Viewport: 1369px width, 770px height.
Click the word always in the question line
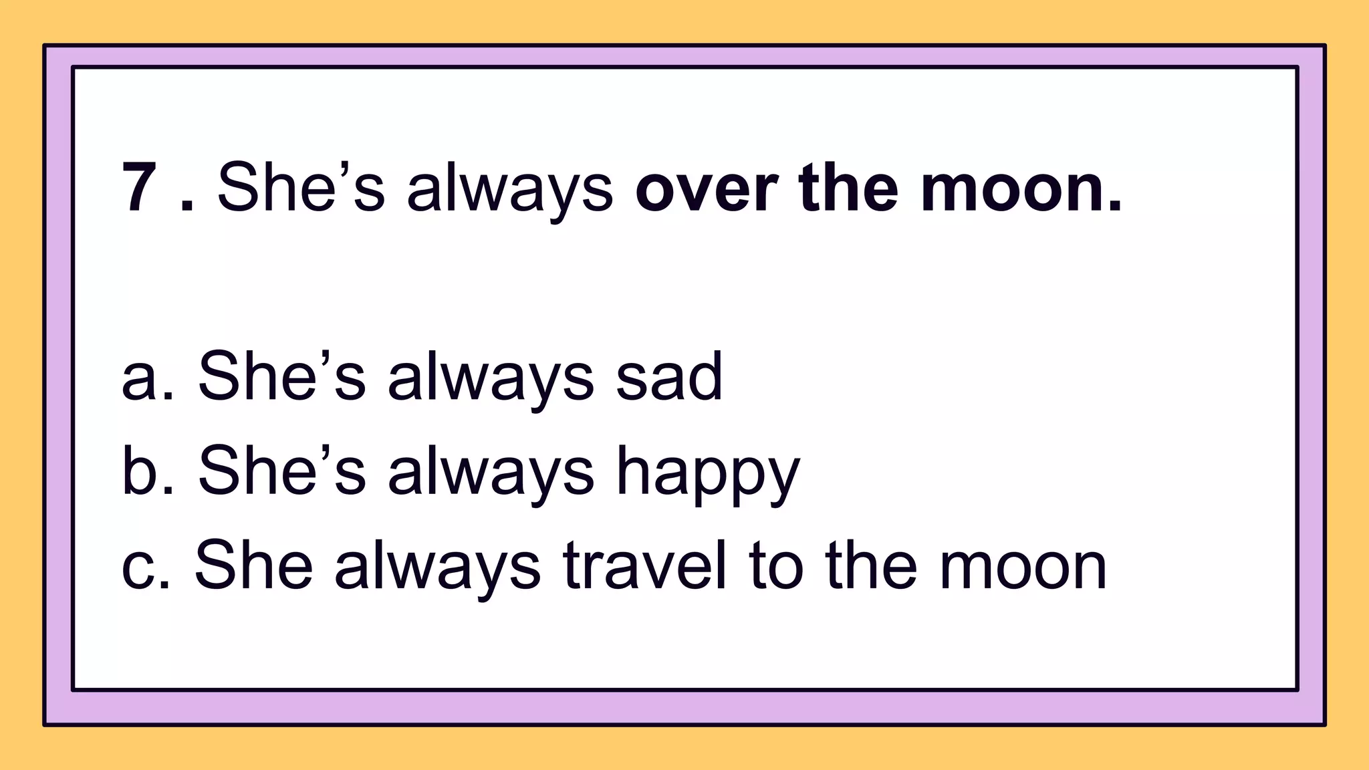510,188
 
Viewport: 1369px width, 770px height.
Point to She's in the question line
301,188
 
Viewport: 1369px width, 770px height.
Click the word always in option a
491,378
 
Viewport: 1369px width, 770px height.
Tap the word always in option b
491,472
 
